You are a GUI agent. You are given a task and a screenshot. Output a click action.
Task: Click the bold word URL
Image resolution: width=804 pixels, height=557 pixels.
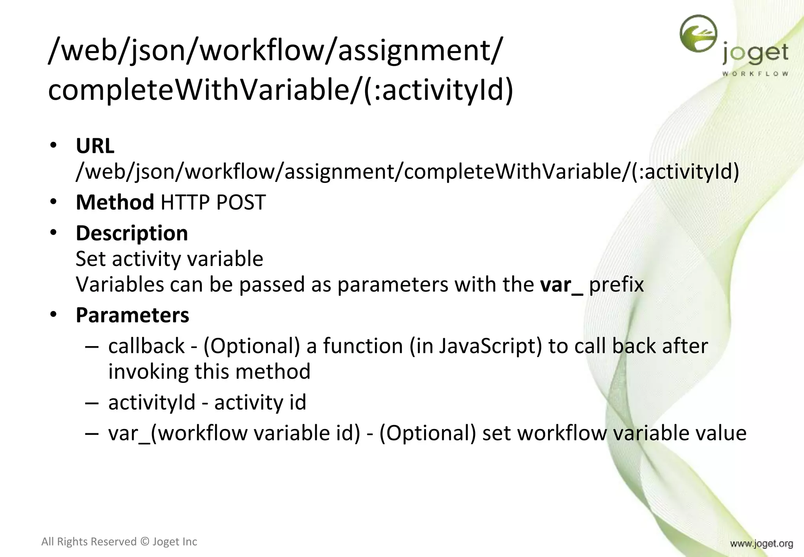[x=95, y=146]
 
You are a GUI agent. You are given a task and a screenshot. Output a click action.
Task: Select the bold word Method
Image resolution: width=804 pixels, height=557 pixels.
[x=115, y=202]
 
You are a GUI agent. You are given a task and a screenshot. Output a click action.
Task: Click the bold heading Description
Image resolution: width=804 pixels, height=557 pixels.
[x=132, y=233]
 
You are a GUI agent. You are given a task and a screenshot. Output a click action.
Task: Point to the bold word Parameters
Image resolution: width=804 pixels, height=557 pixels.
[x=132, y=315]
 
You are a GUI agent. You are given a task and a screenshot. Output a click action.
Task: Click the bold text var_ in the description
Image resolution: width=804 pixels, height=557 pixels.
[x=561, y=285]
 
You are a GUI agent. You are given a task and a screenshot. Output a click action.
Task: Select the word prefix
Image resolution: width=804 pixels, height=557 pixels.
[x=616, y=285]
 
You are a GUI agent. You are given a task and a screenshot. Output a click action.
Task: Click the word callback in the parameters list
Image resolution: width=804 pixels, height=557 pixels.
[x=146, y=346]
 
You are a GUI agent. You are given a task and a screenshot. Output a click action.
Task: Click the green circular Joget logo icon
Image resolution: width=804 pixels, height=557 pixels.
[x=698, y=34]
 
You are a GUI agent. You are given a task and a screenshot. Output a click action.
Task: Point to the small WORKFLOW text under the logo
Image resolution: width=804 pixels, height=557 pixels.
[x=755, y=73]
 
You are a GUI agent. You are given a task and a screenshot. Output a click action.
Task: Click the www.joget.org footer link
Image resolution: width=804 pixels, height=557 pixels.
[x=761, y=544]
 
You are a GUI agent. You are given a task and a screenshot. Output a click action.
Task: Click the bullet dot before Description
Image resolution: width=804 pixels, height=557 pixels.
[x=54, y=233]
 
